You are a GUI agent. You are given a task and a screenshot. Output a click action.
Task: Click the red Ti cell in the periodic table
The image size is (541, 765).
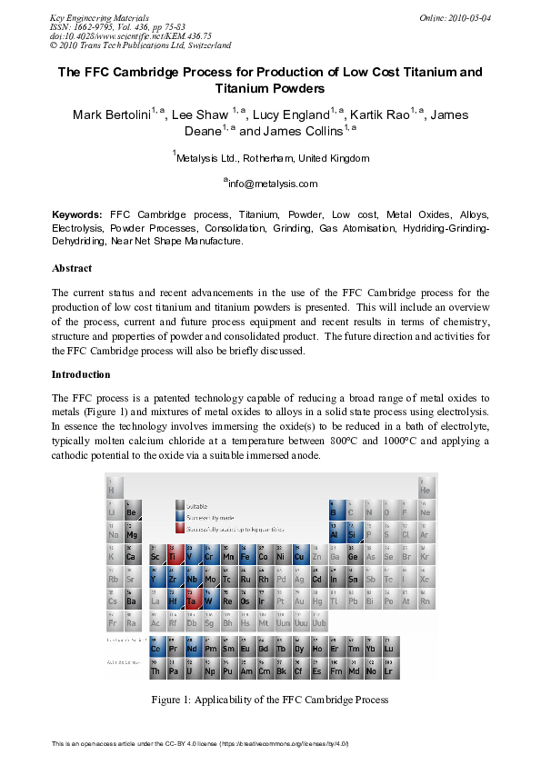click(x=173, y=555)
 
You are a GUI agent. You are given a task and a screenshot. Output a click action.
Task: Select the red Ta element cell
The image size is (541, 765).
click(x=191, y=599)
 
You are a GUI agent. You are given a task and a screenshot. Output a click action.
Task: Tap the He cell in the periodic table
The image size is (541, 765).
click(x=425, y=488)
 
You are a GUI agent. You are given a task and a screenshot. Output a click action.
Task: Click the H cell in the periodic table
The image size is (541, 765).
click(x=114, y=488)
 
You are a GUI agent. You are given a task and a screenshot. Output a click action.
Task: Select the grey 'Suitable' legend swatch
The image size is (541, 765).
click(x=180, y=505)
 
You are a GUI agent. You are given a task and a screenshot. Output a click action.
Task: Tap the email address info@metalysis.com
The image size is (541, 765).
click(x=270, y=184)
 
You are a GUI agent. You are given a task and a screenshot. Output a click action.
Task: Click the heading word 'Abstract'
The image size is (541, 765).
click(x=72, y=269)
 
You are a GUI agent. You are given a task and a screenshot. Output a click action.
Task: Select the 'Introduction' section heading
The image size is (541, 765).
click(x=81, y=374)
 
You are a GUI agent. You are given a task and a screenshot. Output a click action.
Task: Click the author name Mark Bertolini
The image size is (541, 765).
click(x=111, y=115)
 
